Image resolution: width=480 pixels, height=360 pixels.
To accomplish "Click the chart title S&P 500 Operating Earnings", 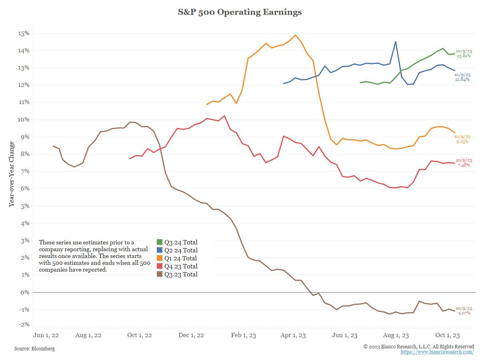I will [240, 12].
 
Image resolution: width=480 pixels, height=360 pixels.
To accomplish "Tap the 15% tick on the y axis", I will [24, 33].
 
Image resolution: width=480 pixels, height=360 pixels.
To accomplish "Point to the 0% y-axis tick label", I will [26, 292].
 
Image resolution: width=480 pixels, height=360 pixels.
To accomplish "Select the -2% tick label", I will [24, 324].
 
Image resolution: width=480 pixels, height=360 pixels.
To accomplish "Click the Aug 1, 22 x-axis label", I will [88, 335].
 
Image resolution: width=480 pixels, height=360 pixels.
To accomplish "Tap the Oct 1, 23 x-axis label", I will [447, 335].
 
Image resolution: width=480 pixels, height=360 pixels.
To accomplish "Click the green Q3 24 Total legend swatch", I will [160, 242].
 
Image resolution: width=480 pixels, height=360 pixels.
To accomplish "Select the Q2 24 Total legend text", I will [181, 250].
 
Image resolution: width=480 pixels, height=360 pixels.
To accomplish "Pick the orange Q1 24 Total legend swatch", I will [160, 258].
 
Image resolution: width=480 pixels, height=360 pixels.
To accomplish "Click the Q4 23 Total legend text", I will [181, 266].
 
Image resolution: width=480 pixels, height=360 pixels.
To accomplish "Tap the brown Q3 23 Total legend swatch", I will [160, 274].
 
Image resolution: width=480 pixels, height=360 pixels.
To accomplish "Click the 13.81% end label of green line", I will [464, 56].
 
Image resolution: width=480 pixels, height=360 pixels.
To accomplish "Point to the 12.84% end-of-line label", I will [462, 80].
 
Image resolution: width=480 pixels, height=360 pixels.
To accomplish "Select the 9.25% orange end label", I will [462, 142].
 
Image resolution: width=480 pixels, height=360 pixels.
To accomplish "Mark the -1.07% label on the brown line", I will [463, 313].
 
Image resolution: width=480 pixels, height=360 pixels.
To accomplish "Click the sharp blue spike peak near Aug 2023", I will [396, 42].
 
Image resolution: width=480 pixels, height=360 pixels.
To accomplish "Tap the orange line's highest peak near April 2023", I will [295, 35].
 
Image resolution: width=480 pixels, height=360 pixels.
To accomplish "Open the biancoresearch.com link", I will [437, 352].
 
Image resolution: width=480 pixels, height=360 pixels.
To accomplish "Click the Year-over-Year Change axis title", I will [12, 174].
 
